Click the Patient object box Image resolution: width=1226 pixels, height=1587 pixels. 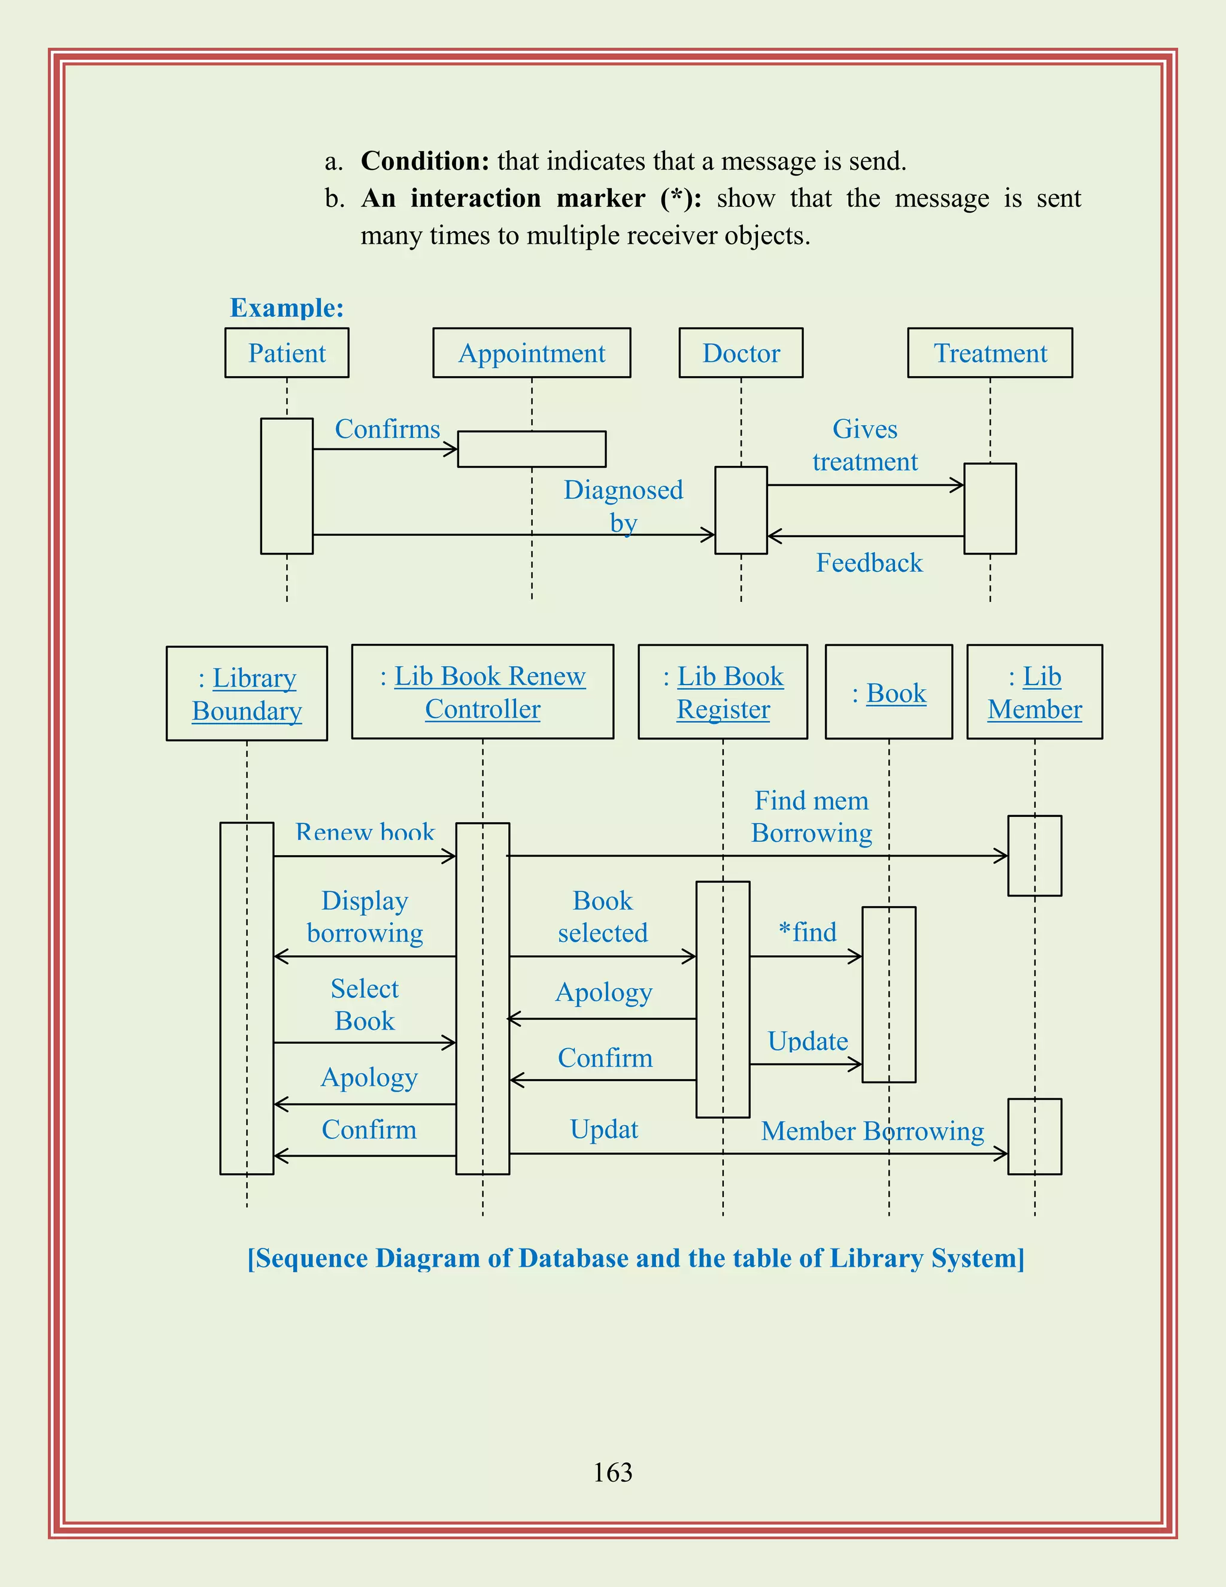pyautogui.click(x=287, y=353)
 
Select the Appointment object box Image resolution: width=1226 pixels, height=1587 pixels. pyautogui.click(x=532, y=353)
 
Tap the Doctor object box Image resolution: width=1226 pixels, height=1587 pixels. pyautogui.click(x=741, y=353)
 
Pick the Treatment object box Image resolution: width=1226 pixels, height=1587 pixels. pyautogui.click(x=990, y=353)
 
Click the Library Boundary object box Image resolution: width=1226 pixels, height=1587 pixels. pyautogui.click(x=247, y=694)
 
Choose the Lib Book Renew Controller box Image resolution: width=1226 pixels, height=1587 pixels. pyautogui.click(x=482, y=692)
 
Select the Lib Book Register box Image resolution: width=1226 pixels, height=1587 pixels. pyautogui.click(x=723, y=692)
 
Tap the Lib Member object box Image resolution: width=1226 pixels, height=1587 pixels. pyautogui.click(x=1034, y=692)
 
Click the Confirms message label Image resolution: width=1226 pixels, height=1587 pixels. pyautogui.click(x=387, y=429)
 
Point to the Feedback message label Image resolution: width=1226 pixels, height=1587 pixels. pyautogui.click(x=869, y=563)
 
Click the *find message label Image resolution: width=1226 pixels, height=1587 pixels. pyautogui.click(x=807, y=932)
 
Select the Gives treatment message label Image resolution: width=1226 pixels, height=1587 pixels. pyautogui.click(x=865, y=446)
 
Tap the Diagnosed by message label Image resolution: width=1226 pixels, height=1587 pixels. pyautogui.click(x=623, y=506)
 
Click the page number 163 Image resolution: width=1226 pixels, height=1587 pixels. pyautogui.click(x=613, y=1472)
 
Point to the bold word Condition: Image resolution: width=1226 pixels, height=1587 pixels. pyautogui.click(x=426, y=161)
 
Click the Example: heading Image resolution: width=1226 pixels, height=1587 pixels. pyautogui.click(x=287, y=308)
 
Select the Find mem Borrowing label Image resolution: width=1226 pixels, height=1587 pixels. pyautogui.click(x=811, y=817)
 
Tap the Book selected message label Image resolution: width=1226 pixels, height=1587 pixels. pyautogui.click(x=603, y=917)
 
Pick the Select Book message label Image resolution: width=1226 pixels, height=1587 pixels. pyautogui.click(x=365, y=1005)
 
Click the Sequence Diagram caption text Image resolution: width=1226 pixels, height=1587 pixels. pyautogui.click(x=636, y=1259)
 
